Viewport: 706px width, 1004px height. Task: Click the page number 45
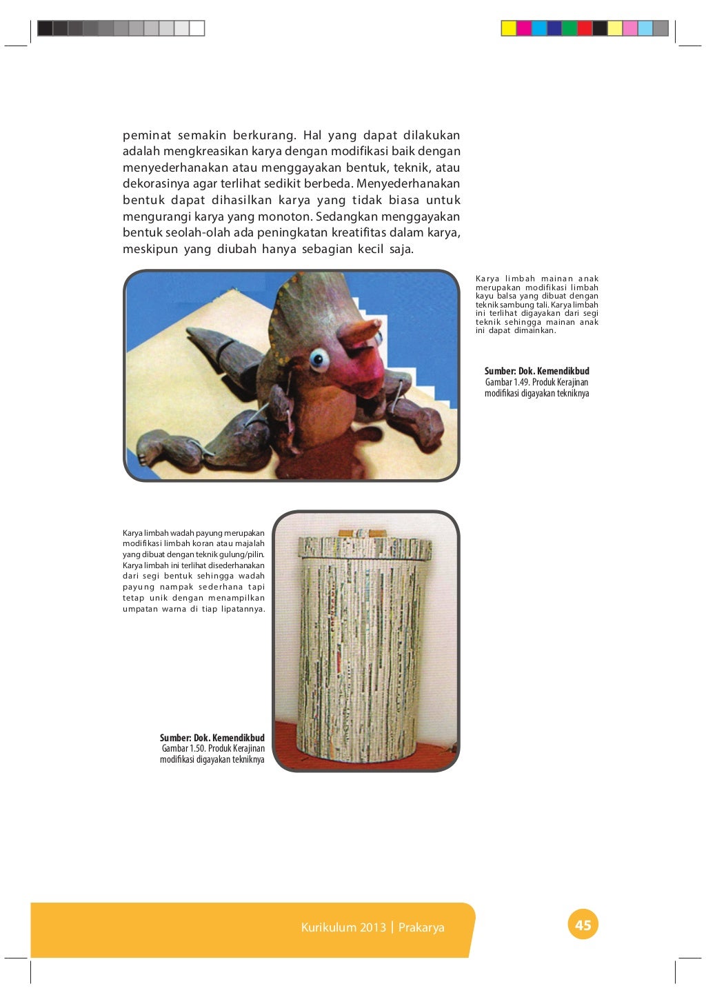coord(583,925)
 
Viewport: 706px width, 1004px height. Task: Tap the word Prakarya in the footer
coord(421,927)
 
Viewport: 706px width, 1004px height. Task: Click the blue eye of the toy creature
coord(318,358)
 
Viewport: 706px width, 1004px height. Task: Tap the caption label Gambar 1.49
coord(507,382)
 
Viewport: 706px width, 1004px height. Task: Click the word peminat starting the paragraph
coord(147,135)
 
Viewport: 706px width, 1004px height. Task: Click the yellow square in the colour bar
coord(509,28)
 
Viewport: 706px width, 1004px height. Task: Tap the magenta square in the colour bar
coord(524,28)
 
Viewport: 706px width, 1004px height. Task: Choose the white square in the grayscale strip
coord(196,28)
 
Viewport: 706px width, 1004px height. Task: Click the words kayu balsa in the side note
coord(494,296)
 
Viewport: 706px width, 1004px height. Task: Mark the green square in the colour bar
coord(569,28)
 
